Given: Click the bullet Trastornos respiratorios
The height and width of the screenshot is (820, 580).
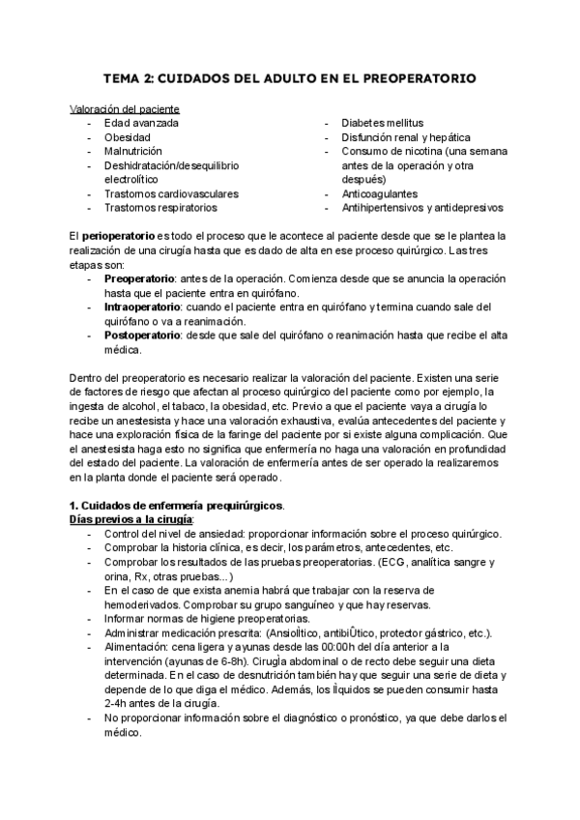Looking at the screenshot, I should click(160, 207).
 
